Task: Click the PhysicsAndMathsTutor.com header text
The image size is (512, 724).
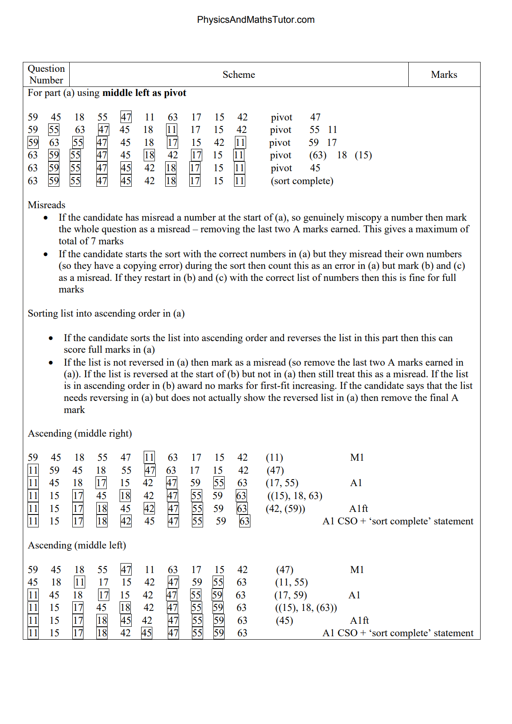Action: click(x=256, y=20)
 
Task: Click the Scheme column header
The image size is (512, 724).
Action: click(x=238, y=75)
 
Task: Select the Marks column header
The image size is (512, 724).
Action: click(x=444, y=75)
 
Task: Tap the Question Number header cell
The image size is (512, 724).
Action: click(x=46, y=74)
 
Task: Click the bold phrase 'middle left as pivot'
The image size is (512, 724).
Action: click(x=144, y=93)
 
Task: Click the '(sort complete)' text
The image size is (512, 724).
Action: click(x=302, y=181)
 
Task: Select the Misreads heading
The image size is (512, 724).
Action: click(x=46, y=205)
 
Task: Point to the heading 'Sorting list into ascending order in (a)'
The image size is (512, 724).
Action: click(x=106, y=314)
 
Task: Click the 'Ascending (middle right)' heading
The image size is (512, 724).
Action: click(x=80, y=434)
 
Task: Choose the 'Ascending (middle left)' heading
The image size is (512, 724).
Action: click(x=77, y=545)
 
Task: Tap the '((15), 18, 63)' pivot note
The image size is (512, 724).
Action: click(x=294, y=496)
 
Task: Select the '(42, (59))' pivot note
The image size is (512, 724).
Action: click(x=286, y=509)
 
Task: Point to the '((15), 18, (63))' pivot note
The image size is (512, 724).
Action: click(x=305, y=608)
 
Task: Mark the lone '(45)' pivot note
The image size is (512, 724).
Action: click(x=284, y=621)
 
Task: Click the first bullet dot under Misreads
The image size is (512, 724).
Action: click(x=46, y=218)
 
